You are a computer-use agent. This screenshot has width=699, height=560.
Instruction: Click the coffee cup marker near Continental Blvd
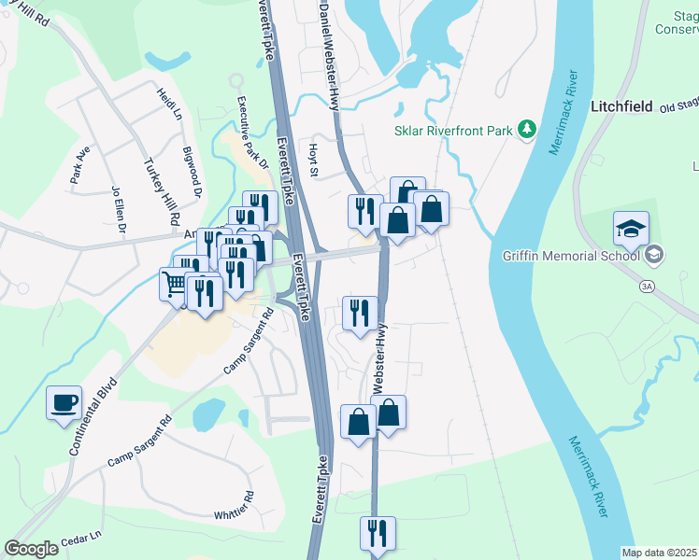click(x=64, y=403)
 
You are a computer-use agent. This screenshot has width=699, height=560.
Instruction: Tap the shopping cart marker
click(x=175, y=283)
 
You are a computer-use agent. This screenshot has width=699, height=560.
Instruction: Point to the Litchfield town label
click(x=621, y=106)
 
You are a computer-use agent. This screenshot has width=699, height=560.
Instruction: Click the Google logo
click(x=32, y=548)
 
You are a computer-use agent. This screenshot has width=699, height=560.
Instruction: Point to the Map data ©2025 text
click(x=660, y=553)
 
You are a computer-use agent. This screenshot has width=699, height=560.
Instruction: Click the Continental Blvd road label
click(x=94, y=416)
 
